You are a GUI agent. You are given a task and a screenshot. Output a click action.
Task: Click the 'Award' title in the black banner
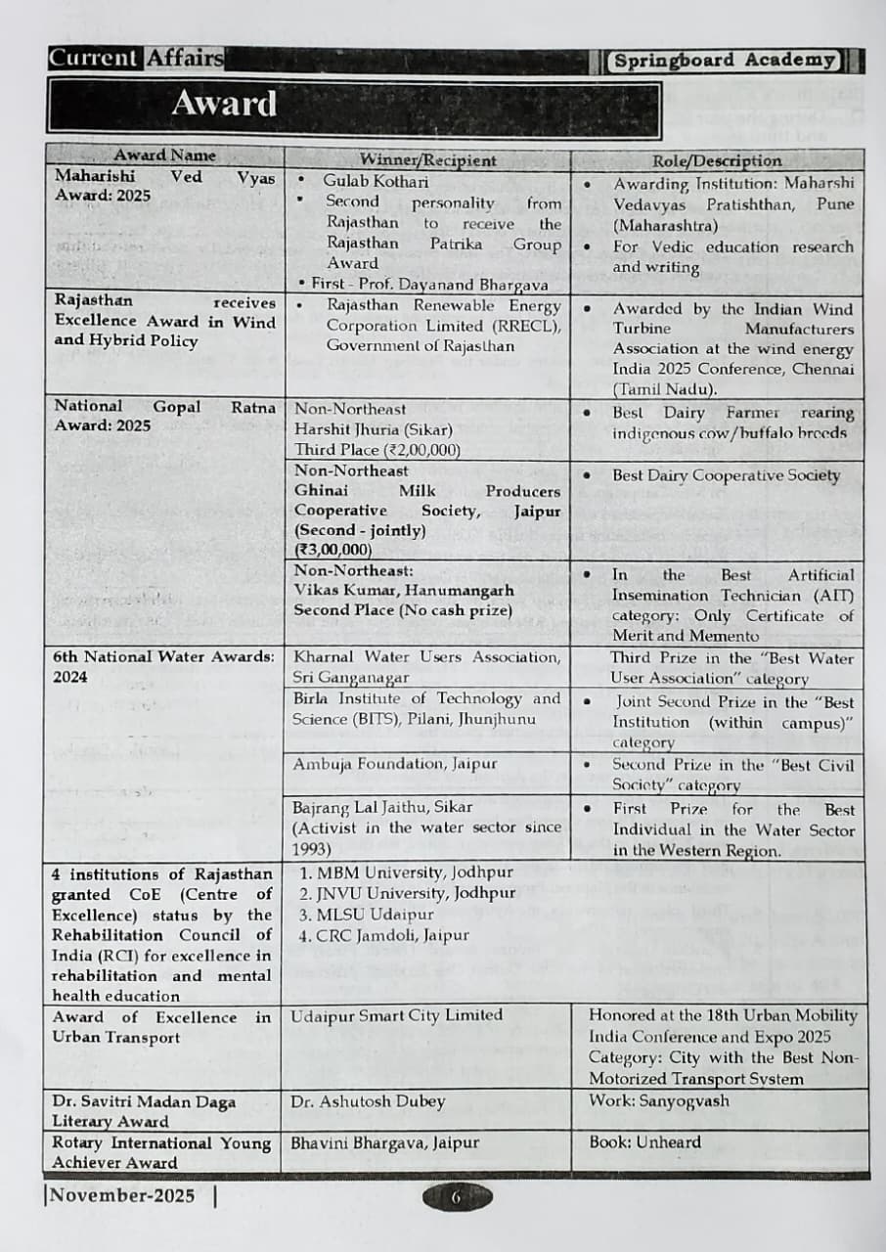click(x=224, y=104)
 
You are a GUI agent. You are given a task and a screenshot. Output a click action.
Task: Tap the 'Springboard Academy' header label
click(x=724, y=61)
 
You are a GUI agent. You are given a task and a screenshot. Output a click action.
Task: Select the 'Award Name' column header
click(x=164, y=156)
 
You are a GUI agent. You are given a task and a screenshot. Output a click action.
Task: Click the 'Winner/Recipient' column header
click(x=427, y=160)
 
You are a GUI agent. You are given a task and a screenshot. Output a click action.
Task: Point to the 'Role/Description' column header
click(x=717, y=160)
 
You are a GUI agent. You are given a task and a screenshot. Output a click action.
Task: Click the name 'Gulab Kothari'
click(x=376, y=181)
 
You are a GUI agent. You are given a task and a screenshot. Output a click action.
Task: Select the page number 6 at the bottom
click(x=456, y=1197)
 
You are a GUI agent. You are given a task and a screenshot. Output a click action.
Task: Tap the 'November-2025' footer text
click(x=122, y=1195)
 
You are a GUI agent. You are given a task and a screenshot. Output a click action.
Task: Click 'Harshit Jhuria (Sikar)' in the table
click(x=374, y=429)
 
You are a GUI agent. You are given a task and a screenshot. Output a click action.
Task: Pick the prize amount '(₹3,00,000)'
click(x=333, y=550)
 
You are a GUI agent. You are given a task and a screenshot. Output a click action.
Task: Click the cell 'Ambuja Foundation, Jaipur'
click(x=395, y=763)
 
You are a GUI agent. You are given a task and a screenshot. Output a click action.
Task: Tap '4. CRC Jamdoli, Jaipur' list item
click(x=384, y=935)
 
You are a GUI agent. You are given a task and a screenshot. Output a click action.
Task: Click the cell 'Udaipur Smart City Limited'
click(x=397, y=1015)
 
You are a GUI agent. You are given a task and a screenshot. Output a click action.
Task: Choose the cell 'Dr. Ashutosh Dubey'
click(x=368, y=1101)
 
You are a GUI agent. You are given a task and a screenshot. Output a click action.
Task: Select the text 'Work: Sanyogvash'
click(x=658, y=1100)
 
